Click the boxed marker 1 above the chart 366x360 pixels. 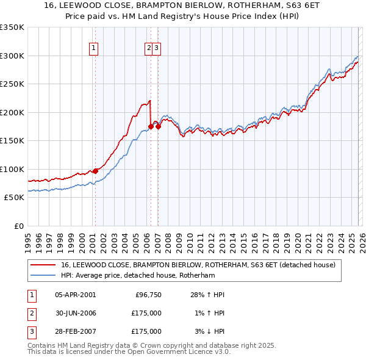[x=95, y=49]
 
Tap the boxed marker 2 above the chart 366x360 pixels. [x=149, y=49]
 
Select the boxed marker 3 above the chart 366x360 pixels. [x=157, y=49]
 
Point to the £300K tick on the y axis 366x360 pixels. [x=12, y=56]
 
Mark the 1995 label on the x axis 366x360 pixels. [x=28, y=239]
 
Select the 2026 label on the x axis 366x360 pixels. [x=361, y=239]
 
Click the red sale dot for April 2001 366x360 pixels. [x=95, y=171]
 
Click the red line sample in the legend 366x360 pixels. [x=43, y=265]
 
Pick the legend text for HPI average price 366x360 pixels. [x=138, y=276]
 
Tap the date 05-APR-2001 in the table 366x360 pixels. [x=75, y=295]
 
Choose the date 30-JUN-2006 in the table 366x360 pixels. [x=75, y=313]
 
